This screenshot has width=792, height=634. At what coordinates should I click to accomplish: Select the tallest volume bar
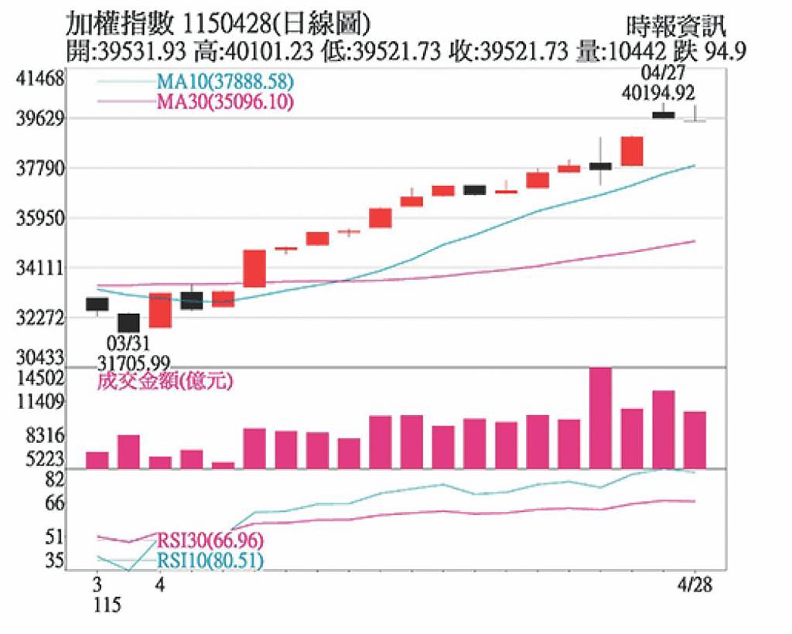[x=600, y=418]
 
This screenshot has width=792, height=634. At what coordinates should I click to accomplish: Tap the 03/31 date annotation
[x=128, y=342]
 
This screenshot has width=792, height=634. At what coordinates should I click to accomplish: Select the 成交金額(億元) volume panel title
[x=166, y=381]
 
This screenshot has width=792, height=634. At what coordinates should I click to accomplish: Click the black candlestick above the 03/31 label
[x=128, y=322]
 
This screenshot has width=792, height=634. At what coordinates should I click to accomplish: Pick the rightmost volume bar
[x=695, y=439]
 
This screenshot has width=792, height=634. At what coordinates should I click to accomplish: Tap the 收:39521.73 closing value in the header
[x=510, y=52]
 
